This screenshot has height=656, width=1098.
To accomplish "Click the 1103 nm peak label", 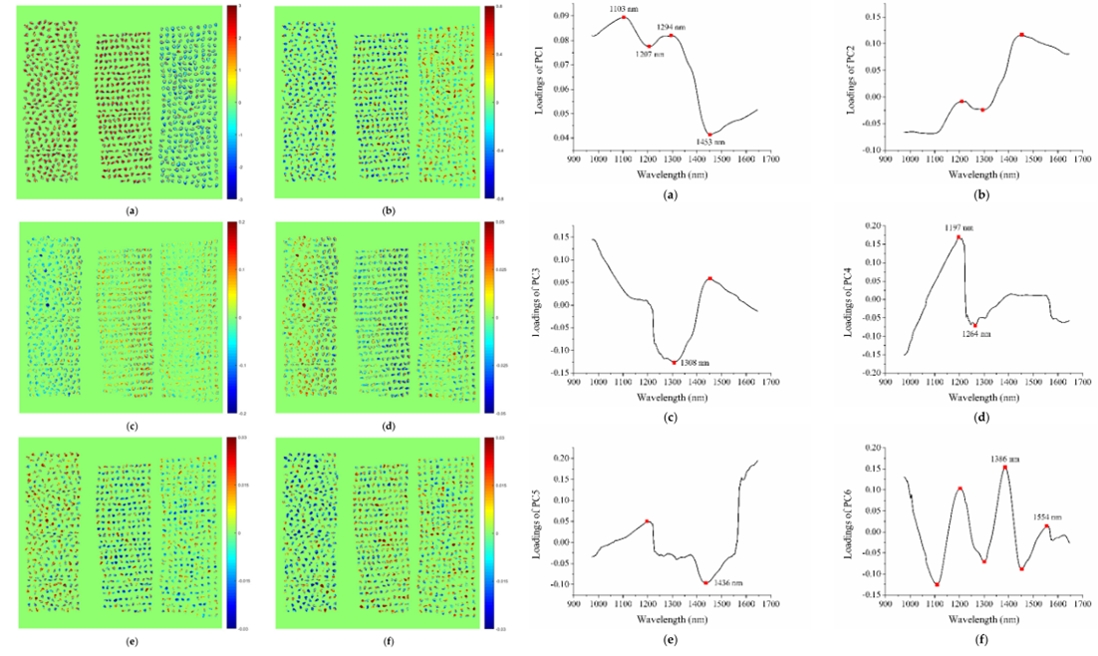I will pos(626,9).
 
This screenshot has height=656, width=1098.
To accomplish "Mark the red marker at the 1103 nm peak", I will pos(624,17).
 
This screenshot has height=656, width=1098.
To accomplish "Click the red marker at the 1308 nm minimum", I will pos(674,362).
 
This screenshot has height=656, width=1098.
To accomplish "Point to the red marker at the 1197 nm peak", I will pos(960,237).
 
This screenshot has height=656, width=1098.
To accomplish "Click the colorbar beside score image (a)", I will pos(230,102).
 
